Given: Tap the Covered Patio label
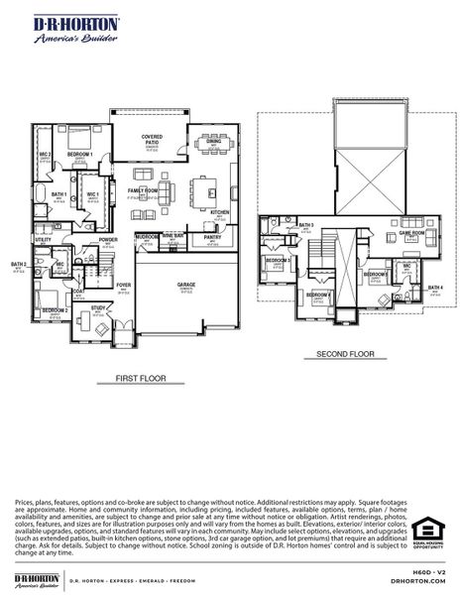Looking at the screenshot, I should click(152, 139).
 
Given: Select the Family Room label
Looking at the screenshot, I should click(143, 190).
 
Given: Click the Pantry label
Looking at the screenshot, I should click(212, 238).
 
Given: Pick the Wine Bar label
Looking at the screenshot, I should click(173, 237).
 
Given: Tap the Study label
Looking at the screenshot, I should click(98, 308).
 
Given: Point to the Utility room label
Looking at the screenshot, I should click(43, 240).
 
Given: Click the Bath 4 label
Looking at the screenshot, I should click(436, 288).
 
